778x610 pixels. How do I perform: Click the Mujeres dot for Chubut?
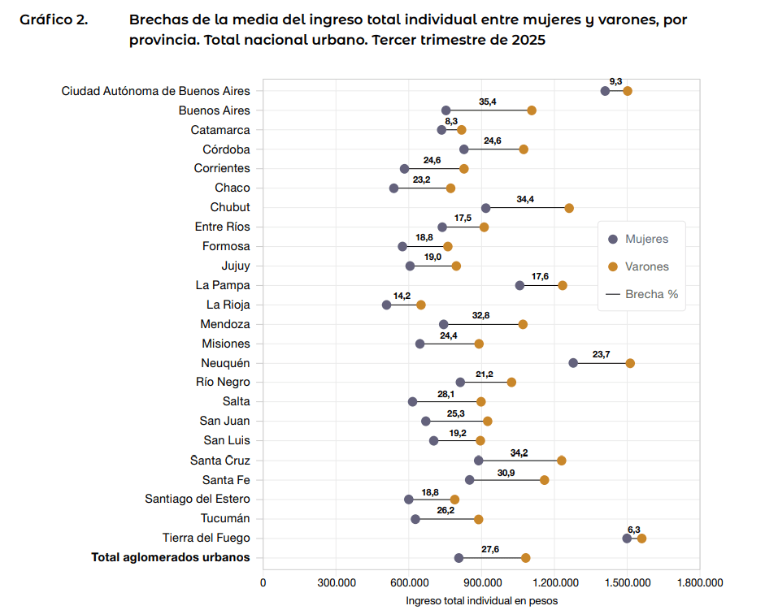tap(485, 208)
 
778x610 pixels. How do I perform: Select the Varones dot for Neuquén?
tap(630, 363)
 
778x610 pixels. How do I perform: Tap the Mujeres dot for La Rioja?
tap(386, 305)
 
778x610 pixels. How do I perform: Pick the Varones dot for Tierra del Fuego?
tap(641, 539)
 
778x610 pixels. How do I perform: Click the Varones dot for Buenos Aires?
tap(532, 110)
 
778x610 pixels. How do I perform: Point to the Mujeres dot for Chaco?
tap(394, 188)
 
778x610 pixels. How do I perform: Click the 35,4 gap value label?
tap(488, 102)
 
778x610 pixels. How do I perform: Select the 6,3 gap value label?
tap(634, 530)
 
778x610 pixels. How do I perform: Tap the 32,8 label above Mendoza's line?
tap(481, 315)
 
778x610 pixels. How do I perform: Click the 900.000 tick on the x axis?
tap(482, 582)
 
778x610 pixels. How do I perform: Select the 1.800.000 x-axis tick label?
tap(700, 582)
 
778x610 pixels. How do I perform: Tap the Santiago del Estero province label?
tap(198, 499)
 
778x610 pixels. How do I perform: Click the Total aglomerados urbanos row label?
tap(171, 557)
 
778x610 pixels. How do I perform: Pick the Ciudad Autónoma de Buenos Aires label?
tap(156, 91)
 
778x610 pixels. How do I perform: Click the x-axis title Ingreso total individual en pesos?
tap(481, 600)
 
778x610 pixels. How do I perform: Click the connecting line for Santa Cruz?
tap(520, 461)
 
